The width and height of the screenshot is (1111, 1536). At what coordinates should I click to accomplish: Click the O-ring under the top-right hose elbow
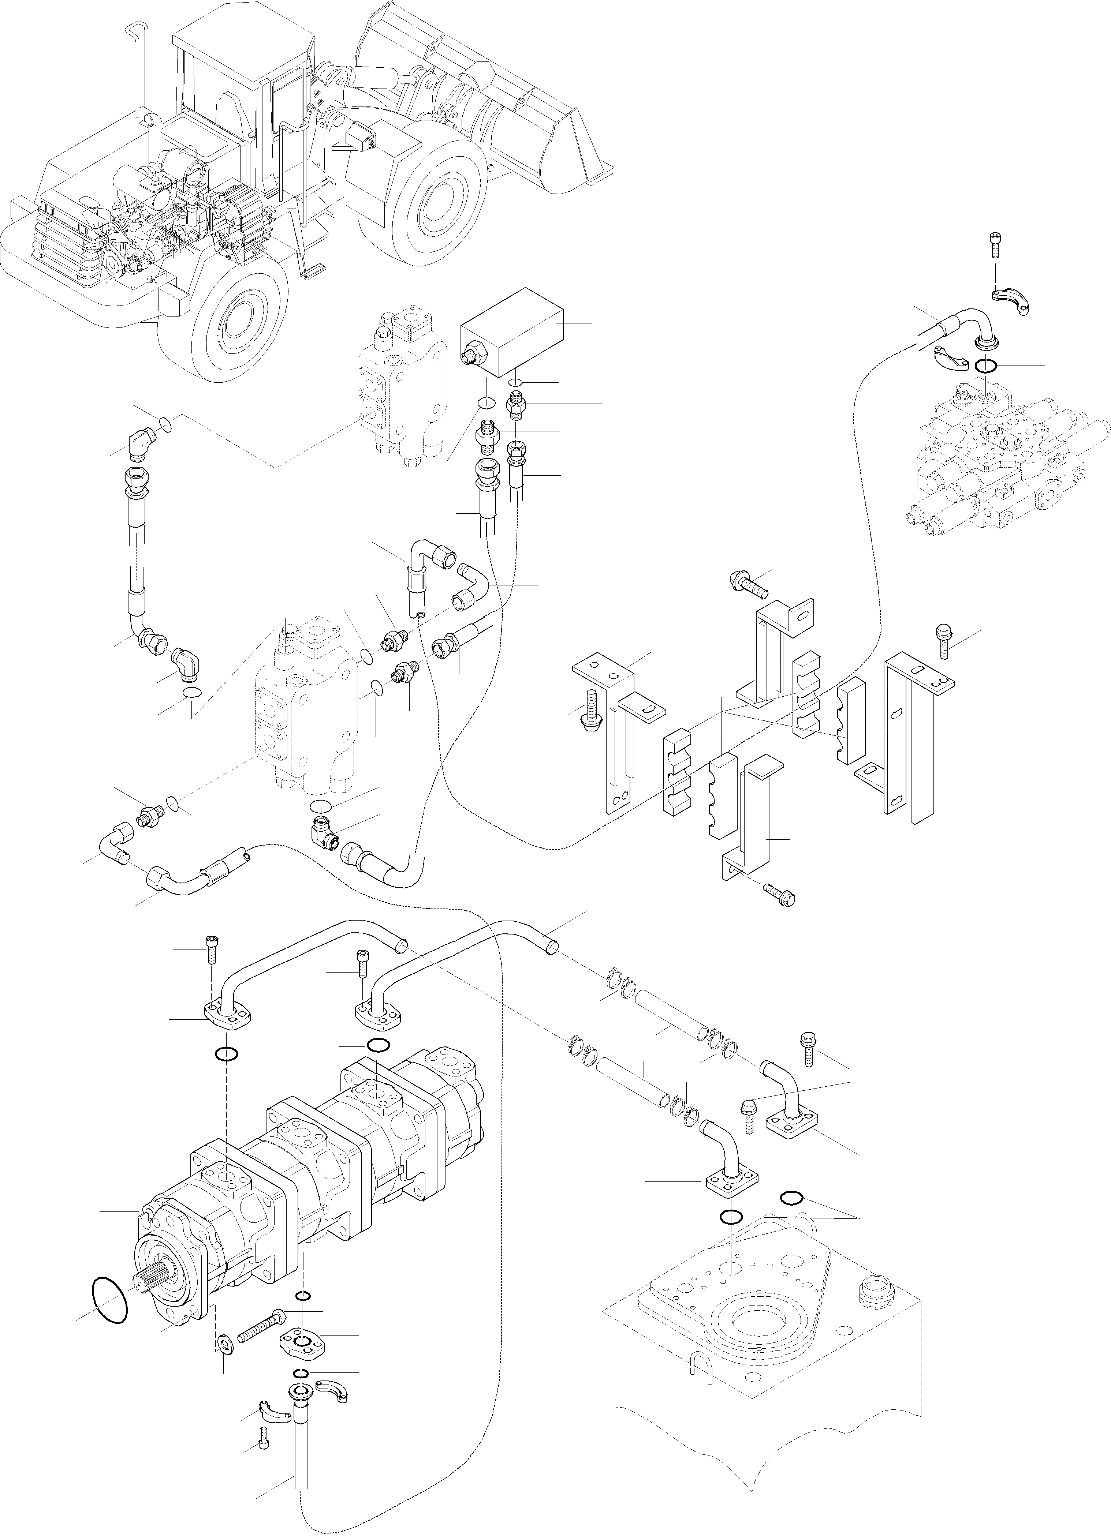click(986, 366)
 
